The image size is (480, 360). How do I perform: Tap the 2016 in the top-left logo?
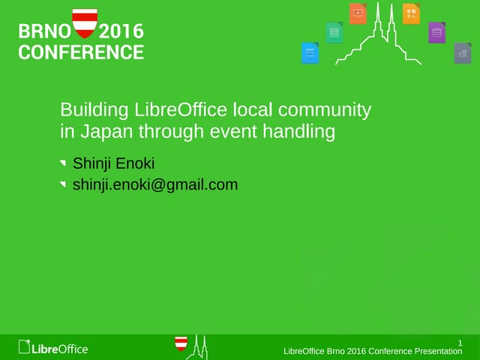click(121, 32)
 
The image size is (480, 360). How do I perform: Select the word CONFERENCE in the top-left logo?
click(81, 52)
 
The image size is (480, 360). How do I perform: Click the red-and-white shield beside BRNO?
click(84, 23)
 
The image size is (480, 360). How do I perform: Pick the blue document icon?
click(310, 53)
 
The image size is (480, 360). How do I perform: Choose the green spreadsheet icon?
click(334, 32)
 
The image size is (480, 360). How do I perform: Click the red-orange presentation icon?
click(358, 13)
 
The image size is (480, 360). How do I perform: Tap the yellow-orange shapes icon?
click(411, 13)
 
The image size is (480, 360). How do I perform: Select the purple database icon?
click(437, 32)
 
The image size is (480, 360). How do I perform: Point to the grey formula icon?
click(462, 53)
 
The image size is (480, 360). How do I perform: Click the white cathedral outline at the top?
click(382, 34)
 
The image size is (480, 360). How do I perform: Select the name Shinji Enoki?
click(113, 163)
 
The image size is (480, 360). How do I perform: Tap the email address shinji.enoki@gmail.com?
click(154, 184)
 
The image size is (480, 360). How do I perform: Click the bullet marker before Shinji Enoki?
click(64, 163)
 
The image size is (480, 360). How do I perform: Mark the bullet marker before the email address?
click(64, 184)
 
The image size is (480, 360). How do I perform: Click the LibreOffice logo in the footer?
click(53, 348)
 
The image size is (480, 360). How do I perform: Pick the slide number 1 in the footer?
click(460, 343)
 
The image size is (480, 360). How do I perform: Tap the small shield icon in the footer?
click(181, 344)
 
